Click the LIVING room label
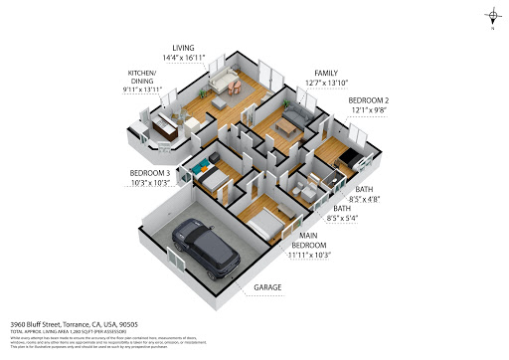[x=183, y=47]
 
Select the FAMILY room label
[x=326, y=74]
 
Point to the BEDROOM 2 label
[x=367, y=101]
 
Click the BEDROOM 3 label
[x=149, y=173]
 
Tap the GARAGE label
[x=266, y=287]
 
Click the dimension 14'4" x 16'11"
[x=183, y=59]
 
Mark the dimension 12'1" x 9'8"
[x=367, y=112]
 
